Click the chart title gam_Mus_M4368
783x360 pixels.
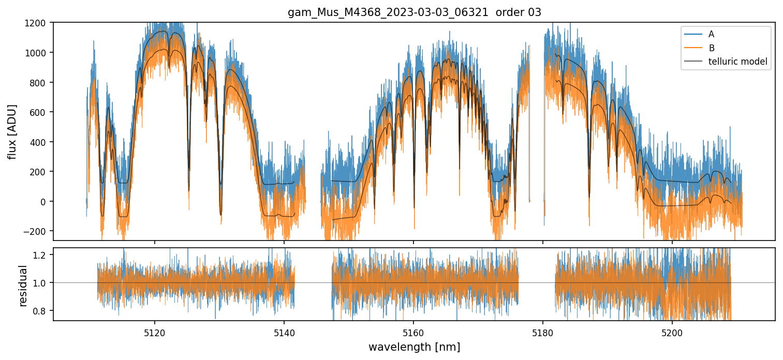click(414, 12)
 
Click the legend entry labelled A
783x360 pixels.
click(711, 34)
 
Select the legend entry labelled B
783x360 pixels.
click(711, 48)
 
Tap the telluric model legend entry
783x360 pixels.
click(737, 62)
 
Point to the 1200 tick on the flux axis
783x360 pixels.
click(38, 23)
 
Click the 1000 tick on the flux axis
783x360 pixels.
click(38, 53)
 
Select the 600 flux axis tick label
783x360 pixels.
click(40, 112)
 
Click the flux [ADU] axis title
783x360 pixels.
click(12, 131)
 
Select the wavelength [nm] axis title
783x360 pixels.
click(414, 346)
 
